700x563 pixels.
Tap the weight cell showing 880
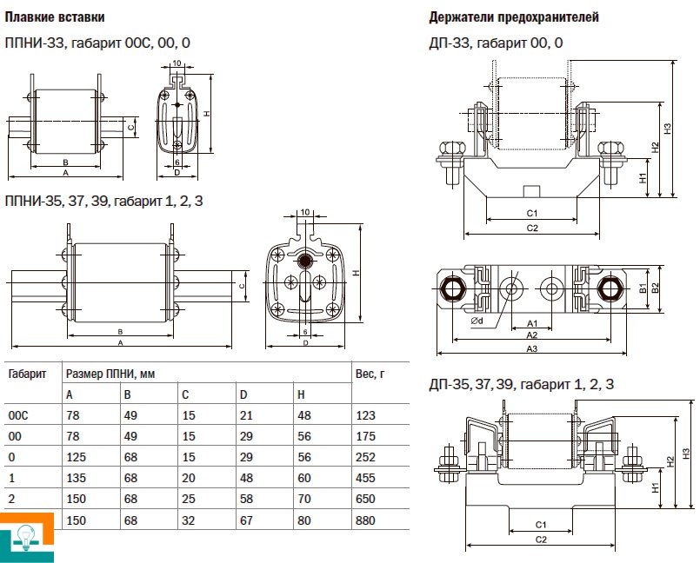tap(366, 520)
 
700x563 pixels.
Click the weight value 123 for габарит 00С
tap(366, 416)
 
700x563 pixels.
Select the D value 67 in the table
tap(246, 520)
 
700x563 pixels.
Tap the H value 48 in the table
tap(303, 416)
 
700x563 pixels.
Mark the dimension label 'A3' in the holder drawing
tap(531, 349)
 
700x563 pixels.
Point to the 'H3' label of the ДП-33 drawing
tap(668, 128)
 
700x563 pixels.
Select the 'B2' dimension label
tap(657, 288)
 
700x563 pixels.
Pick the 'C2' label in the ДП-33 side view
tap(533, 228)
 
